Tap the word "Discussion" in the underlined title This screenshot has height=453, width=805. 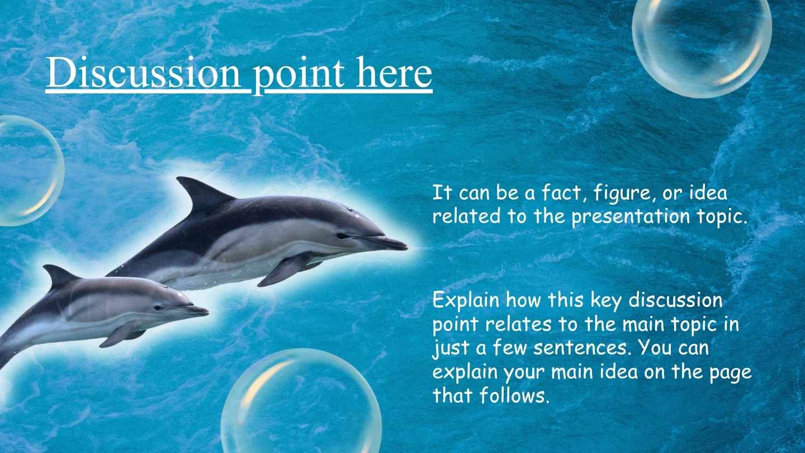[143, 74]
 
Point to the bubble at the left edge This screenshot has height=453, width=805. [25, 171]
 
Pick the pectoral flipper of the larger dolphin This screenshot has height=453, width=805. [285, 269]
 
